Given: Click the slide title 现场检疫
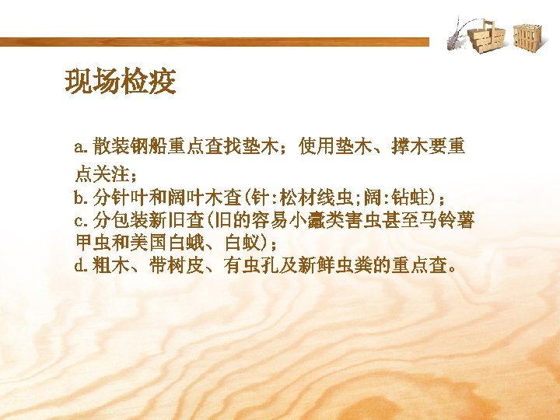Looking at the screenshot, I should pos(121,81).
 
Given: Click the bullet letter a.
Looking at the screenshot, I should pos(79,146).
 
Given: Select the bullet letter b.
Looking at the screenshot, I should pos(79,194).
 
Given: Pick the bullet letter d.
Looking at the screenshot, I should pos(79,267).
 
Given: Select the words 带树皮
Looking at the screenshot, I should pos(169,267).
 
